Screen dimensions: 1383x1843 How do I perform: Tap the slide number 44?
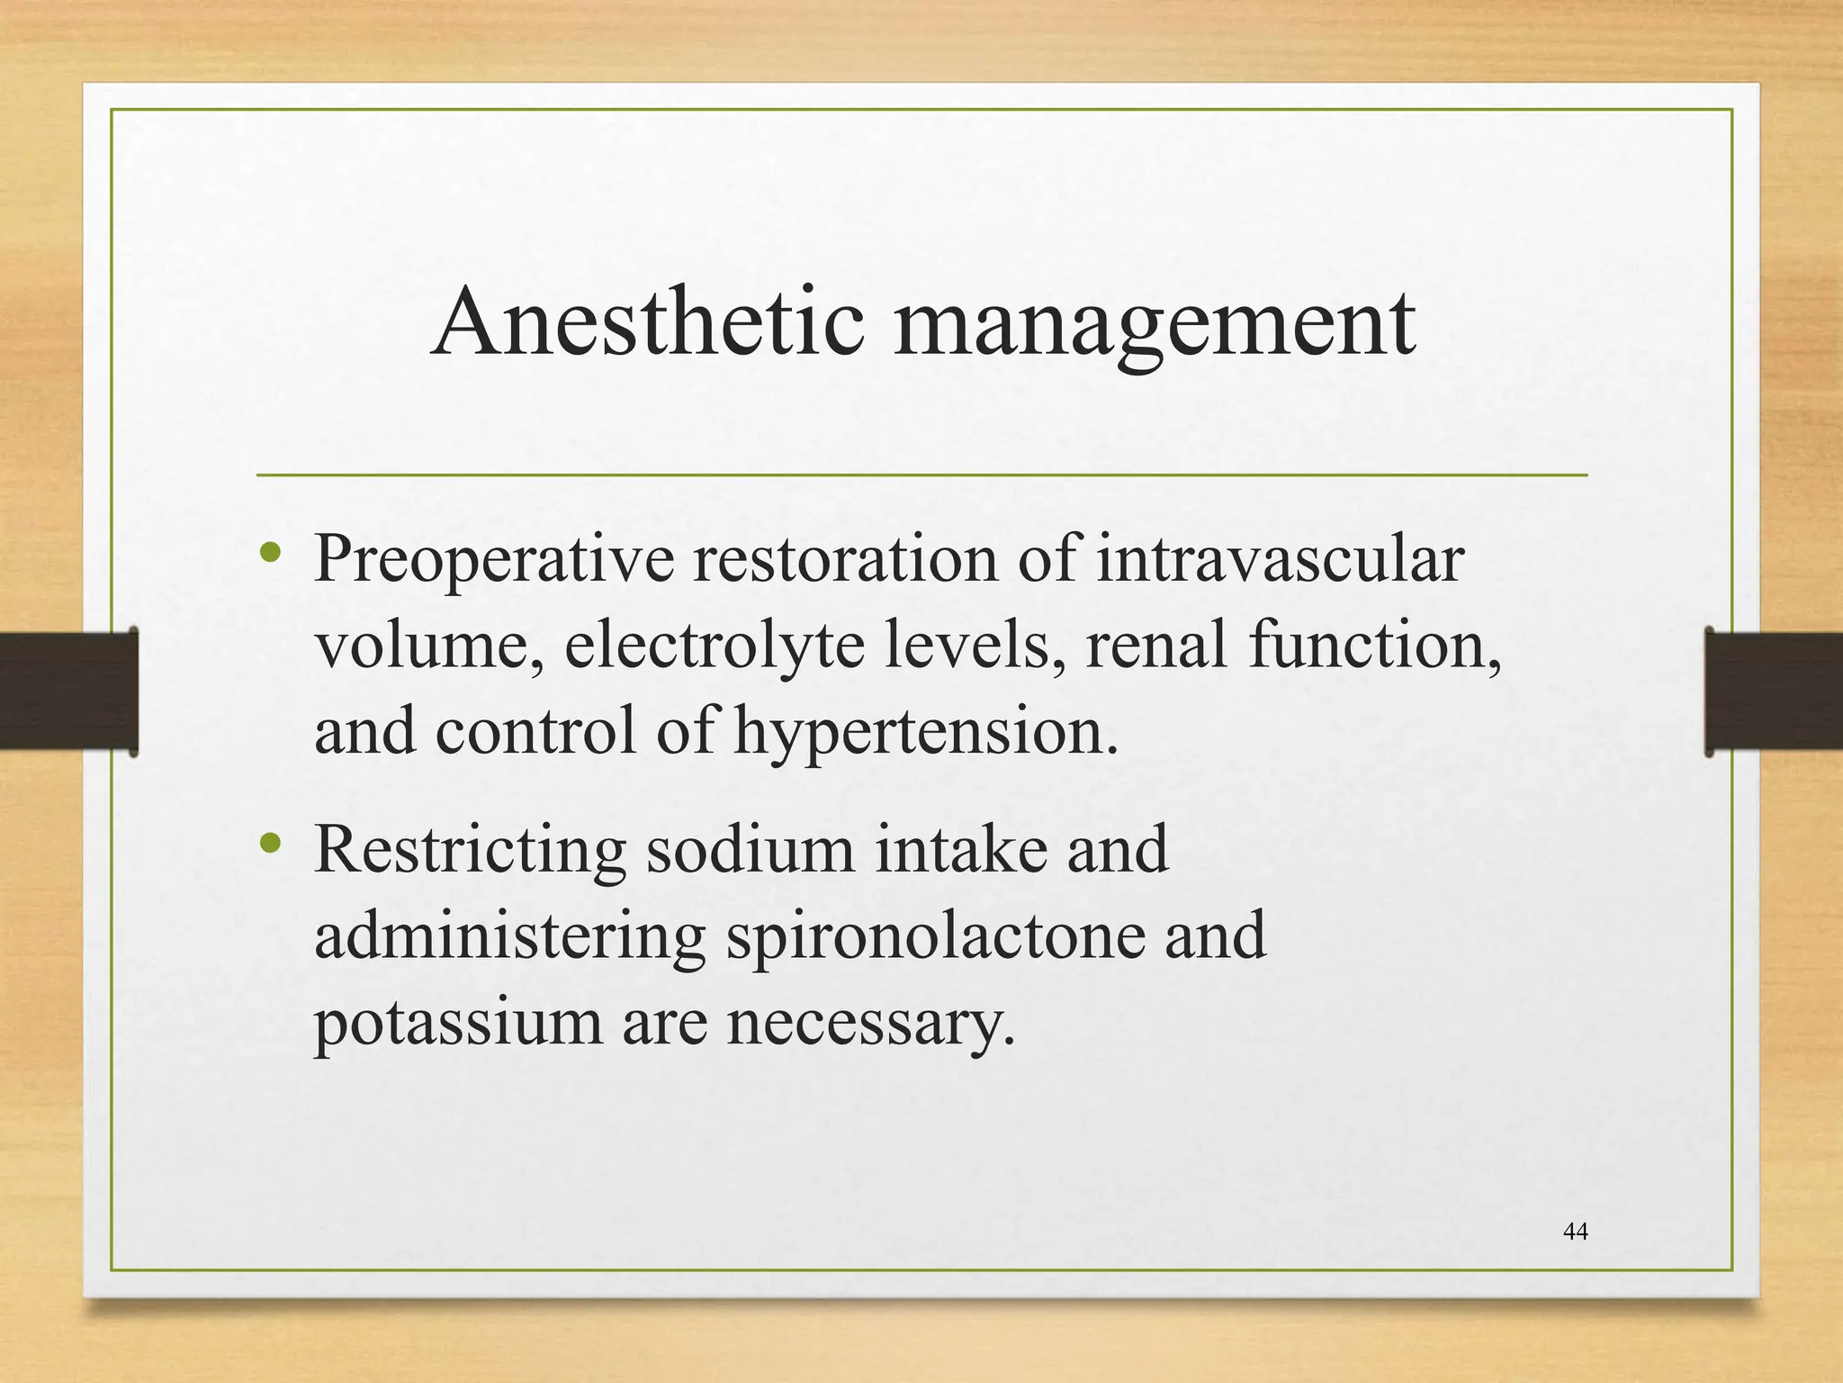point(1576,1232)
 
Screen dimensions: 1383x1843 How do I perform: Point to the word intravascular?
point(1281,558)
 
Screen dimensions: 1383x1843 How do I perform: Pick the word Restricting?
point(470,851)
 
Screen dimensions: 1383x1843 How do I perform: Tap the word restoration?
point(845,558)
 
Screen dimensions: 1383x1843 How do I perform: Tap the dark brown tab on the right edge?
point(1773,691)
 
